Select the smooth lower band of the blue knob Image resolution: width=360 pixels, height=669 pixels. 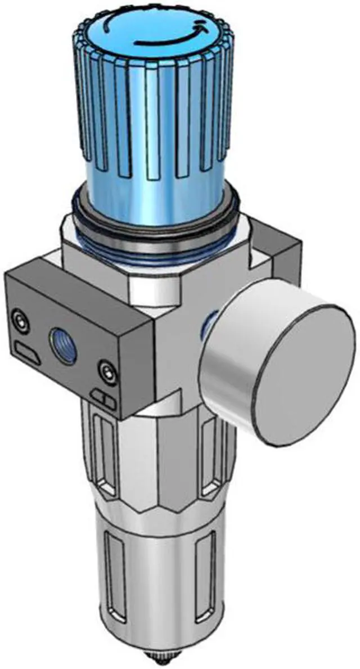pos(152,191)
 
